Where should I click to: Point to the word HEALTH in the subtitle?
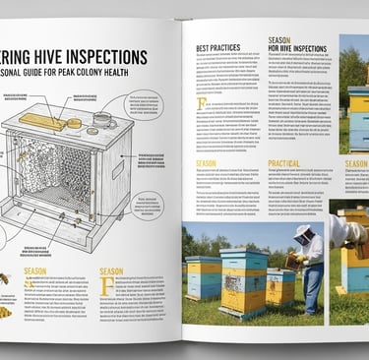[135, 75]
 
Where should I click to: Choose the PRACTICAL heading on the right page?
[283, 163]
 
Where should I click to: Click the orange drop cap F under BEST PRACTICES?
[202, 103]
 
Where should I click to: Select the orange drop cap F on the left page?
[106, 286]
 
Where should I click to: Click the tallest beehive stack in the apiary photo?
[243, 280]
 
